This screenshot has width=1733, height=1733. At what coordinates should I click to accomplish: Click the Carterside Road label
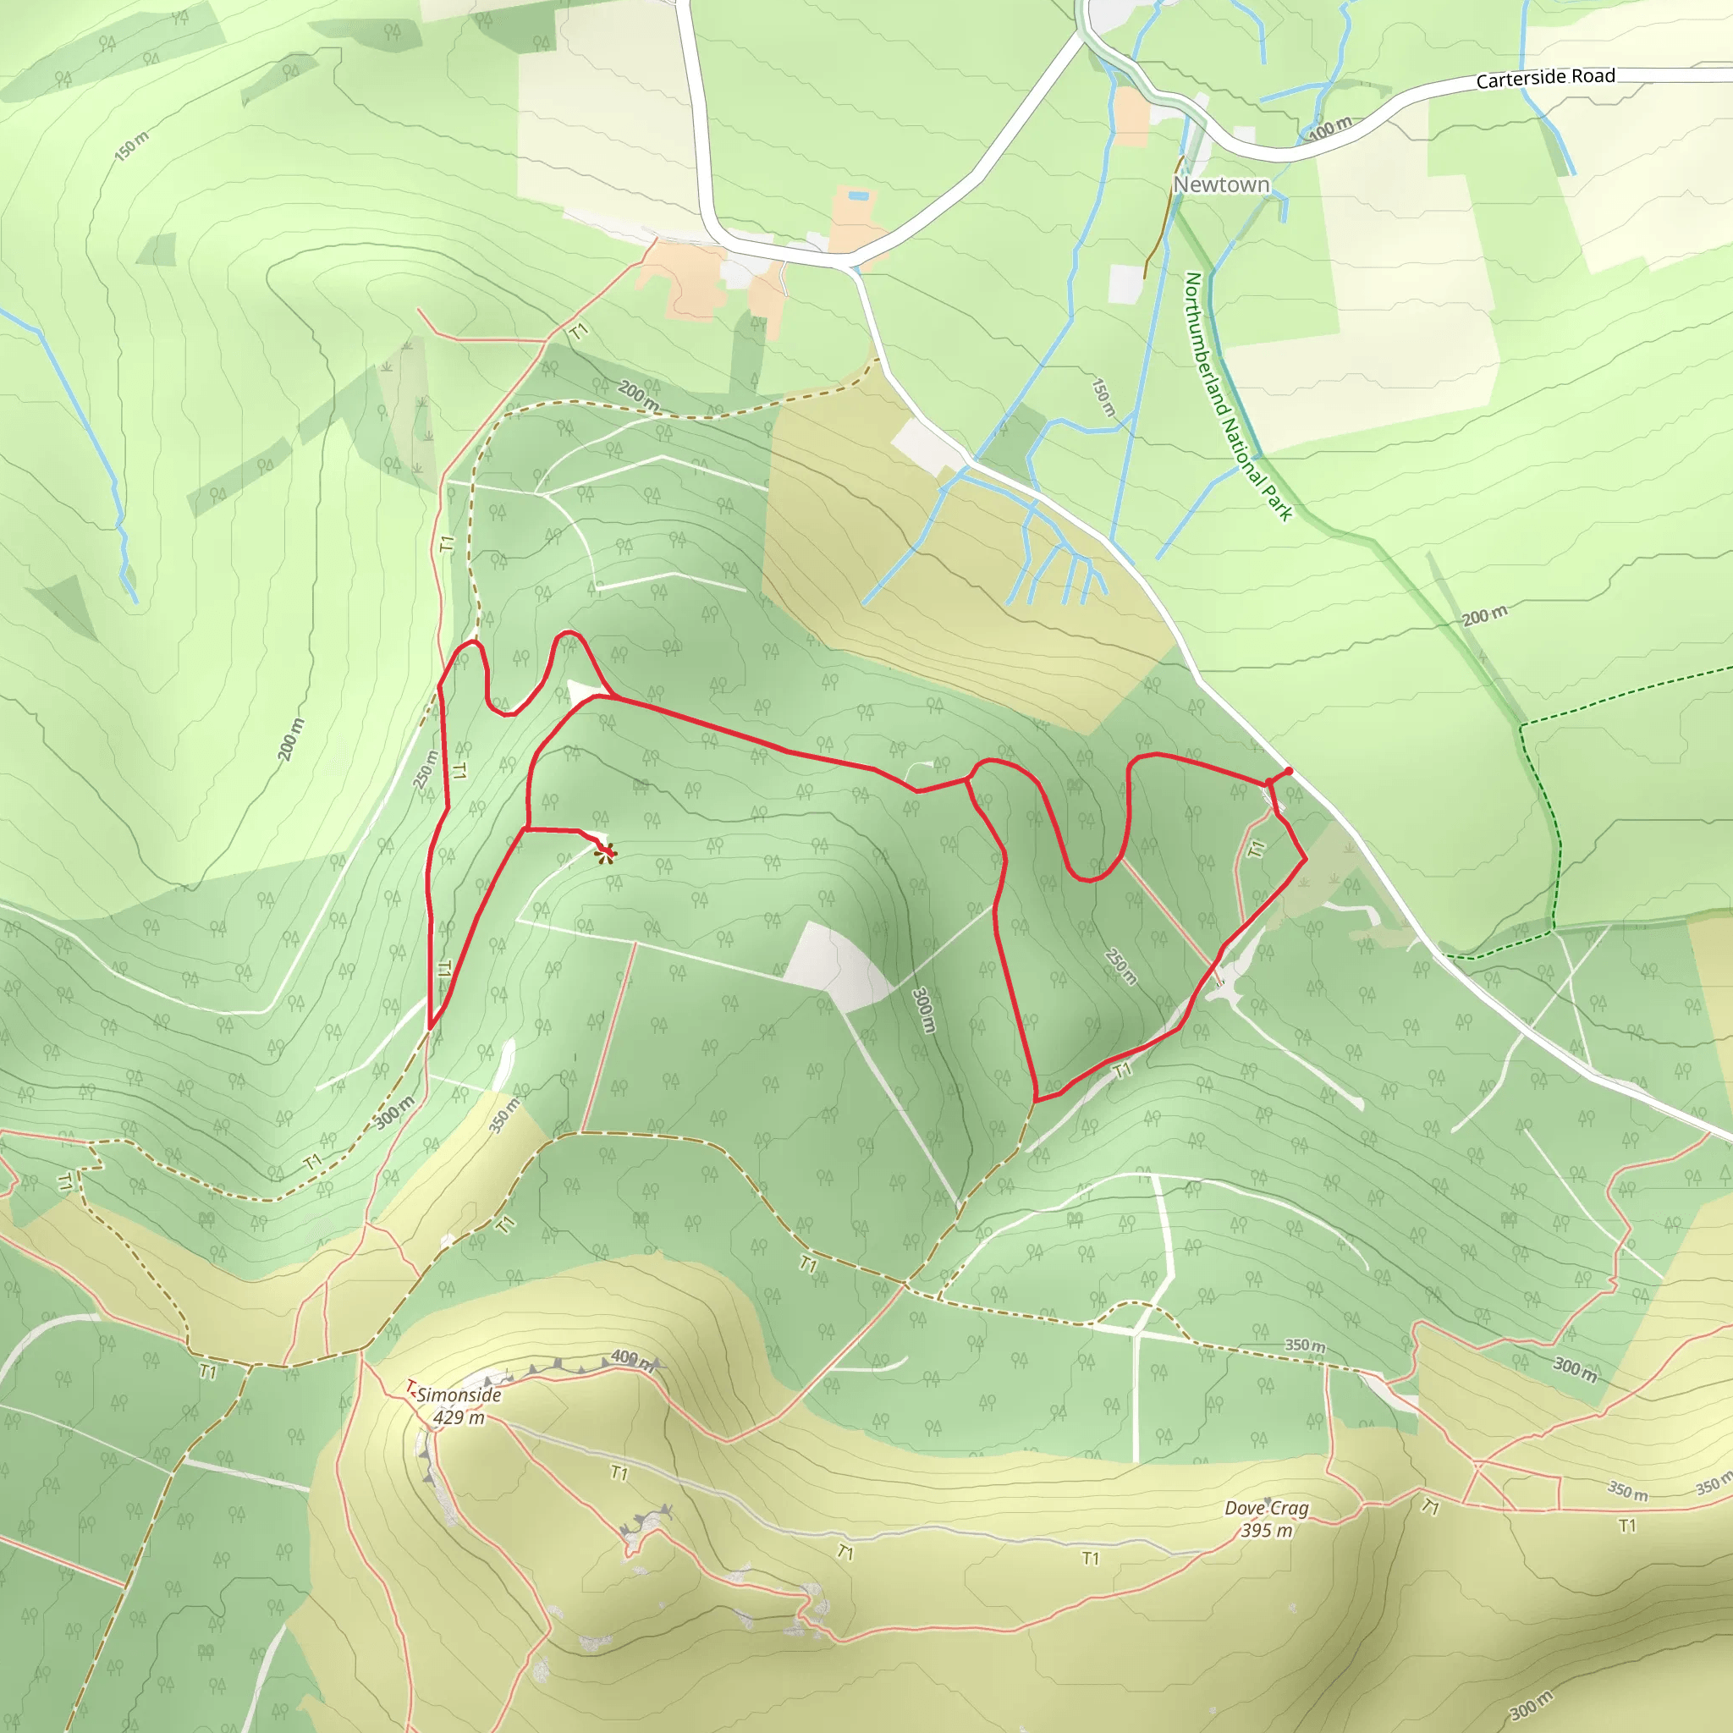pos(1544,78)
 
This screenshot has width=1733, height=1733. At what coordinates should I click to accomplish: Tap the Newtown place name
pos(1221,184)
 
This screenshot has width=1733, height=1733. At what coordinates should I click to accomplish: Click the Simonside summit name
pos(459,1395)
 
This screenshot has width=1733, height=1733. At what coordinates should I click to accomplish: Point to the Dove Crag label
pos(1266,1508)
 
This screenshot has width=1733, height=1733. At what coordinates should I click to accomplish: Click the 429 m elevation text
pos(459,1417)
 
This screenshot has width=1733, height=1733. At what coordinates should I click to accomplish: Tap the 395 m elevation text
pos(1266,1530)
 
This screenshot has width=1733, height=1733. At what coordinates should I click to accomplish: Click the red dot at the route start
pos(1288,772)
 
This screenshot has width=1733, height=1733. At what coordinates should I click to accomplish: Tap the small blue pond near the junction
pos(858,195)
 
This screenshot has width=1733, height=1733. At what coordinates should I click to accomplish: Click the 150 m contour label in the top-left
pos(132,146)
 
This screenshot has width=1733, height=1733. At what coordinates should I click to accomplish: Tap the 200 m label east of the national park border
pos(1484,616)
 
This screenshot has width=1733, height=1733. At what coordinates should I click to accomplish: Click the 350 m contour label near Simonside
pos(505,1115)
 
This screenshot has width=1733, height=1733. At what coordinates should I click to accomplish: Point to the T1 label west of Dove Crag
pos(1090,1558)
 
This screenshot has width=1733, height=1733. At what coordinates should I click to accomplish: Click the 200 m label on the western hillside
pos(290,740)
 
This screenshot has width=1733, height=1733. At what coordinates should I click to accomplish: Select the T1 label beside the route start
pos(1257,847)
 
